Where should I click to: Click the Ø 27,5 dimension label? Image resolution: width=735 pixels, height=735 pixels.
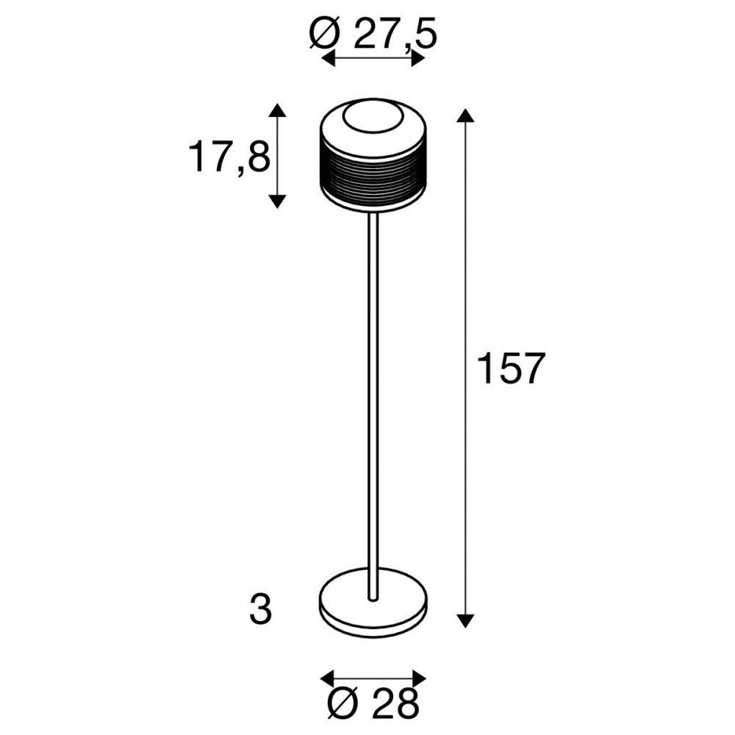373,35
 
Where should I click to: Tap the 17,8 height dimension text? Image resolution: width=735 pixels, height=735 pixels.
229,157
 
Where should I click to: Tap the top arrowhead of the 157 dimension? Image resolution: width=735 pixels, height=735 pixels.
465,115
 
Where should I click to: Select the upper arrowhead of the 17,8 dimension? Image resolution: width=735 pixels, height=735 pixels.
278,110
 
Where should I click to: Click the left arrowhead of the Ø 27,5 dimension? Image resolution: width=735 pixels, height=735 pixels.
328,59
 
